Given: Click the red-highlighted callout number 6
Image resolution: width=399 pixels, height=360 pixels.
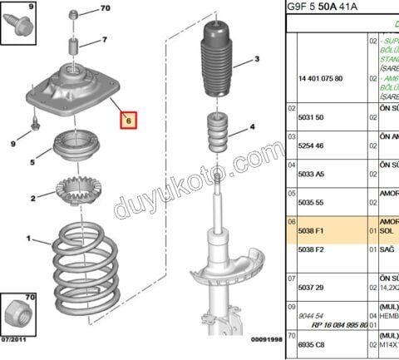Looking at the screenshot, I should pos(128,121).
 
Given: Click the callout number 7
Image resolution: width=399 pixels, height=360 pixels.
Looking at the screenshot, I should pos(104,39).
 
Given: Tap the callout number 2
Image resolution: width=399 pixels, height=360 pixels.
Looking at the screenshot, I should pos(32,199).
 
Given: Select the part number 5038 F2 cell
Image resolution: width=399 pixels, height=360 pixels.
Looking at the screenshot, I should pos(312,249).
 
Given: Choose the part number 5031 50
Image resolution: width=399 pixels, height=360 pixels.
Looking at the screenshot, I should pos(311,117).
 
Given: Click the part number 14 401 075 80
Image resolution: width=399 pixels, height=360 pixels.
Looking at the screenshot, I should pos(319,78).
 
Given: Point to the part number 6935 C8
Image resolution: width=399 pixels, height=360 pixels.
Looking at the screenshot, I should pos(312,342).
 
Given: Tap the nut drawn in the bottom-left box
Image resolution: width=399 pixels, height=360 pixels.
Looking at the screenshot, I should pos(18,314).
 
